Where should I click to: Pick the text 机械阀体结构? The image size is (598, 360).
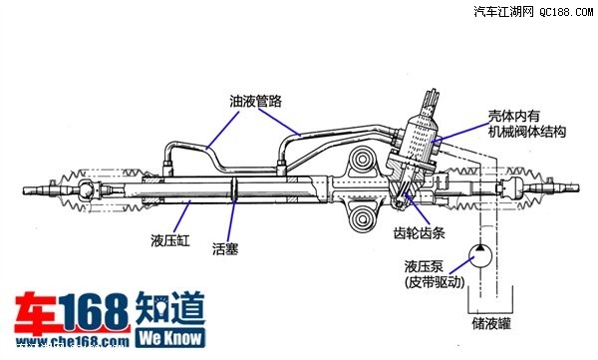click(x=524, y=132)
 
